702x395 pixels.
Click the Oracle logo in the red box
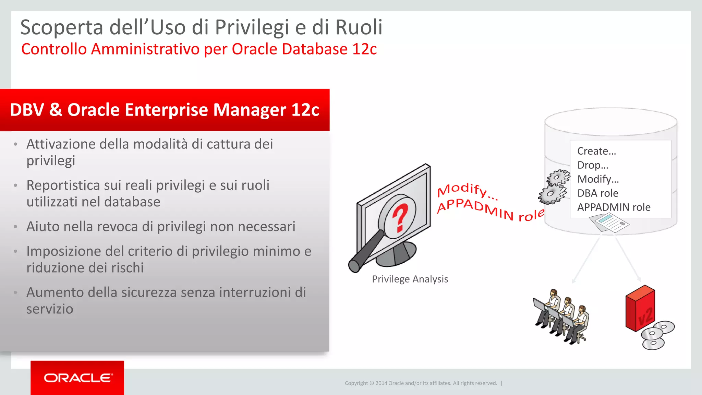(x=78, y=378)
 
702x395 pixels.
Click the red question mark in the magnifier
(x=400, y=218)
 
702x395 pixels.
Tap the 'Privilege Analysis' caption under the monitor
(x=410, y=279)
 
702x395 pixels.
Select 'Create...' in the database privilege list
(x=596, y=151)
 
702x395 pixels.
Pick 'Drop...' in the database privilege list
(x=593, y=165)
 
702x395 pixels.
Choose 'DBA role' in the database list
(x=598, y=193)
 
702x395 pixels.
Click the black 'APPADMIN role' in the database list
(x=614, y=207)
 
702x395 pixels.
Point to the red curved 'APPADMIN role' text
(x=490, y=210)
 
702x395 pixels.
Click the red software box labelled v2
(x=640, y=309)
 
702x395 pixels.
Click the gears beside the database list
(x=554, y=187)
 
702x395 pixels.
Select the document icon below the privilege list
(x=609, y=223)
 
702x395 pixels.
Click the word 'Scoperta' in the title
(x=62, y=27)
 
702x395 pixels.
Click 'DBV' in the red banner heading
(x=27, y=110)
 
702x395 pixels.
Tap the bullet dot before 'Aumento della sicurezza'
(x=15, y=292)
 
